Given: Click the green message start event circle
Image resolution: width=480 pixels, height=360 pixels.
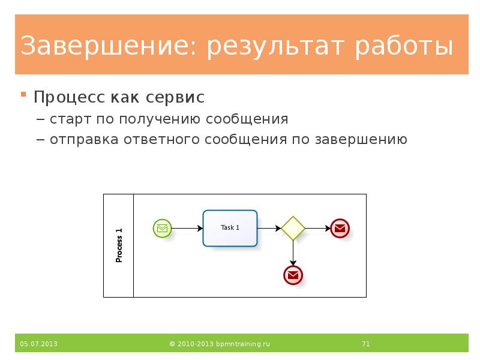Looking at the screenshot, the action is tap(162, 228).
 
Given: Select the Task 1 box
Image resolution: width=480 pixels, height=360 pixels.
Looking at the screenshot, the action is tap(230, 228).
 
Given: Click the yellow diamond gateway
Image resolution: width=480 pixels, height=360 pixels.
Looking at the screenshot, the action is tap(293, 228).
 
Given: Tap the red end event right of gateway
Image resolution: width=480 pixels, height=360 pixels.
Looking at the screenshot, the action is tap(340, 228).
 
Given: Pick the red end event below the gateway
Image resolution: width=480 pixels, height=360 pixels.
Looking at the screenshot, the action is tap(293, 275).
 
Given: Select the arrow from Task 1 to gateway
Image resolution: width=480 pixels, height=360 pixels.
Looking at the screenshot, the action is tap(269, 228).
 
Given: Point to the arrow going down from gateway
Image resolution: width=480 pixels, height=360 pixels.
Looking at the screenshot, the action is tap(293, 253).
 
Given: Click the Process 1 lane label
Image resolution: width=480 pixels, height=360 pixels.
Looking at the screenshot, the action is tap(119, 245).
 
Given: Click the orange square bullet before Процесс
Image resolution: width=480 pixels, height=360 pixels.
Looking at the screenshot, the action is tap(24, 95).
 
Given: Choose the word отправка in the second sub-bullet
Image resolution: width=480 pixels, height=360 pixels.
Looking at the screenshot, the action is tap(85, 140).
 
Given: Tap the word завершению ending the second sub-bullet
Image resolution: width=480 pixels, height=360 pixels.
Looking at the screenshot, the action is tap(359, 140).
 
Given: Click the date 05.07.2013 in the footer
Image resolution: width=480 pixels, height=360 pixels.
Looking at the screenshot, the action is tap(38, 344).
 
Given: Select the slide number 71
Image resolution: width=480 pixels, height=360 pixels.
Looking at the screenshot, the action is tap(365, 344).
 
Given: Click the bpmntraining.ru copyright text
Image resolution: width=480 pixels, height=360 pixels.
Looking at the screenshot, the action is tap(220, 344).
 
